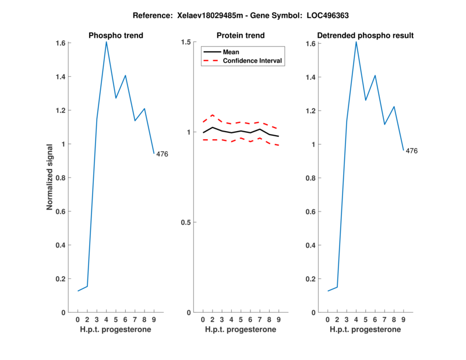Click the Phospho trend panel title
pyautogui.click(x=115, y=36)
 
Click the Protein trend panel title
pyautogui.click(x=241, y=36)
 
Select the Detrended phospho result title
pyautogui.click(x=365, y=36)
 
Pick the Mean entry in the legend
pyautogui.click(x=231, y=52)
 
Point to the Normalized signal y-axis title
pyautogui.click(x=51, y=177)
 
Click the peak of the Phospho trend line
pyautogui.click(x=106, y=41)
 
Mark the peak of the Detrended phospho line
pyautogui.click(x=356, y=41)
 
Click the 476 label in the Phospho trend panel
pyautogui.click(x=162, y=154)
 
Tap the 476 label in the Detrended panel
pyautogui.click(x=411, y=151)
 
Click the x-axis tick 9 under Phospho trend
pyautogui.click(x=154, y=319)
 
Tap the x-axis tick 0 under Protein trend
pyautogui.click(x=203, y=319)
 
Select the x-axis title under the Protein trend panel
pyautogui.click(x=241, y=330)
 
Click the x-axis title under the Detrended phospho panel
pyautogui.click(x=365, y=330)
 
